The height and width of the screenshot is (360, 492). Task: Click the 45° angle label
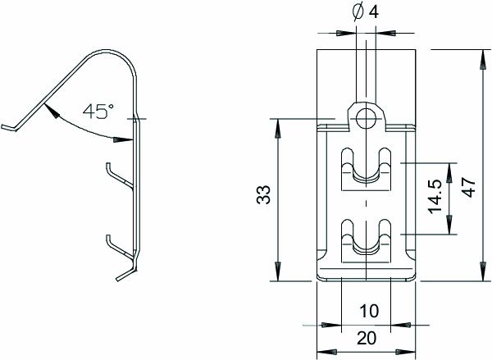[98, 111]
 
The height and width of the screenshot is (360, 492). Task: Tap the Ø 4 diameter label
[365, 12]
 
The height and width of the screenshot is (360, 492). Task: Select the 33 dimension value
[263, 194]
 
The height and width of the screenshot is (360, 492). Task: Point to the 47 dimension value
[469, 187]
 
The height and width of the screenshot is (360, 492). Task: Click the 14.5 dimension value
[435, 197]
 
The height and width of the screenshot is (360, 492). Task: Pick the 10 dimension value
[369, 311]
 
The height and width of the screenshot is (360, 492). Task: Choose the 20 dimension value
[367, 339]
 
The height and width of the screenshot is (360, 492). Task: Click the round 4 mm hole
[367, 118]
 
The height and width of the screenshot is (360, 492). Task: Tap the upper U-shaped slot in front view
[367, 169]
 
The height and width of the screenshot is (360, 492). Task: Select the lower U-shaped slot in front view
[367, 240]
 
